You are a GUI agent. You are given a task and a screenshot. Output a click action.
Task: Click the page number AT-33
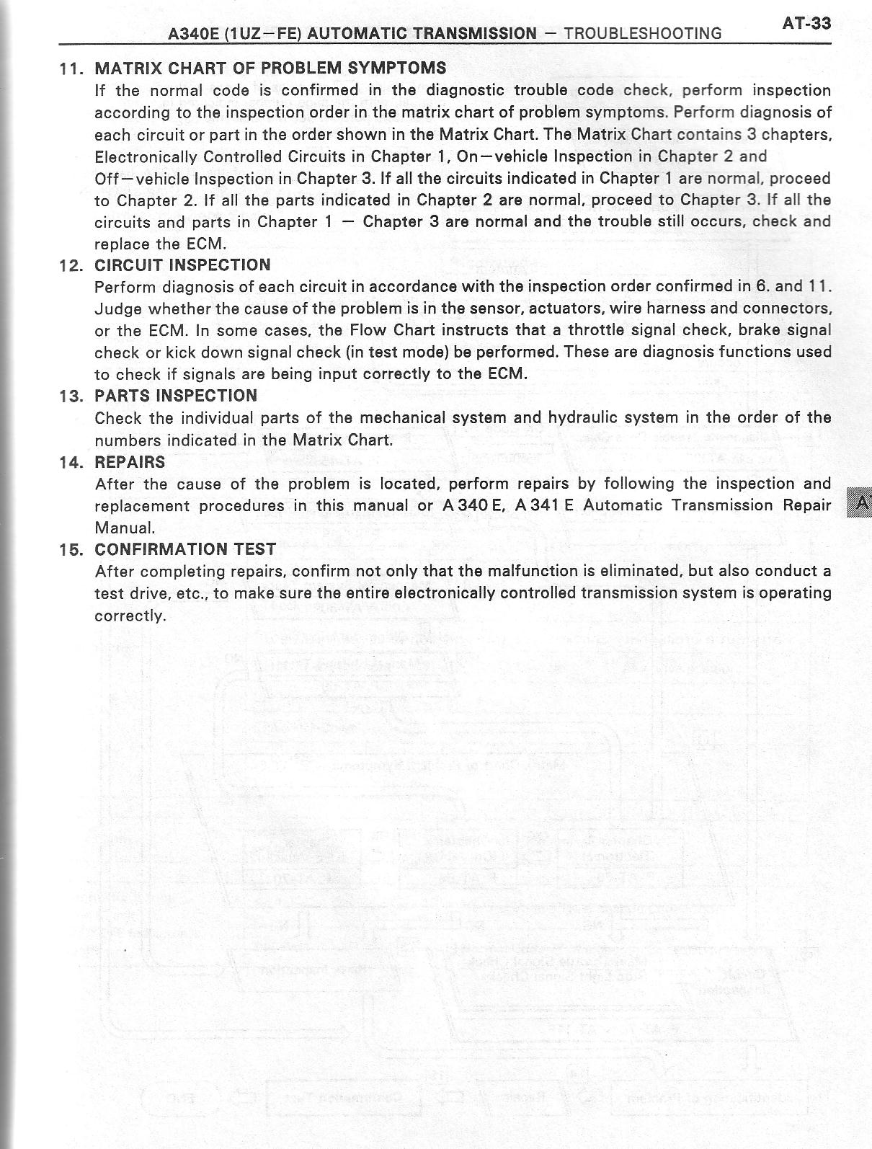click(806, 24)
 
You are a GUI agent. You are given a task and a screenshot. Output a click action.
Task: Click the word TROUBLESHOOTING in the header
click(643, 34)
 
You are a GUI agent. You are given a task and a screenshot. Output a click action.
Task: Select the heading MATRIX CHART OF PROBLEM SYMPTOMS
click(270, 68)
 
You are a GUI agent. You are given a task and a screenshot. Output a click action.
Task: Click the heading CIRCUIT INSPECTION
click(183, 265)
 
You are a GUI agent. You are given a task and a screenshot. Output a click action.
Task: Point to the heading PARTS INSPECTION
click(176, 396)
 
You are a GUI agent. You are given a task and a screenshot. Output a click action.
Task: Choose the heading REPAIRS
click(130, 462)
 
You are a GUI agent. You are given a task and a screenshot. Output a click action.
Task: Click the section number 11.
click(71, 69)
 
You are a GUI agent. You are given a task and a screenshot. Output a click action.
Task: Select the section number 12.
click(71, 266)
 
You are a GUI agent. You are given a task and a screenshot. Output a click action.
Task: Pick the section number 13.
click(71, 396)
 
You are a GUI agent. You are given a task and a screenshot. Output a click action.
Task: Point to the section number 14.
click(71, 463)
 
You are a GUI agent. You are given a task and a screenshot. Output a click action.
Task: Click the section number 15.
click(71, 550)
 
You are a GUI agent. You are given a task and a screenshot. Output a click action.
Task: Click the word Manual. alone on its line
click(125, 528)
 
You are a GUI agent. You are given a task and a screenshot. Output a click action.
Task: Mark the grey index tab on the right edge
click(860, 502)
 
